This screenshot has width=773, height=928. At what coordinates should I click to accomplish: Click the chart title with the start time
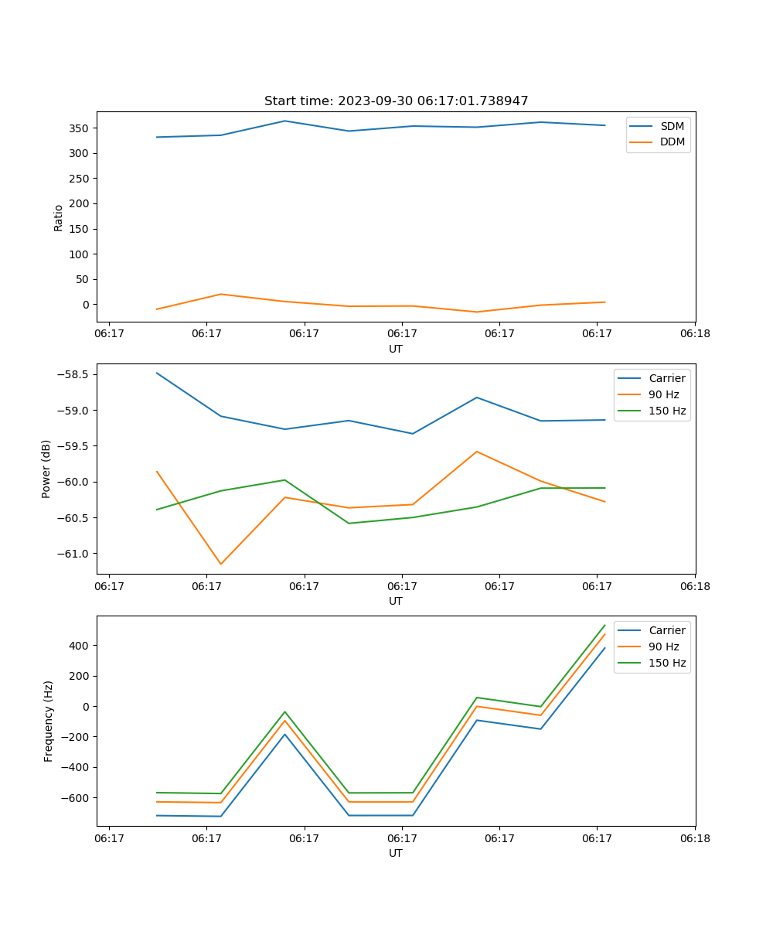tap(396, 101)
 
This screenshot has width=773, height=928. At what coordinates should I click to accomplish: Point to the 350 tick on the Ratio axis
tap(80, 128)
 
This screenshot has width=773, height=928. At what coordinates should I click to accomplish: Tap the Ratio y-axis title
tap(59, 218)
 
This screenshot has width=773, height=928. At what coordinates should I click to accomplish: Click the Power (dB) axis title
tap(46, 469)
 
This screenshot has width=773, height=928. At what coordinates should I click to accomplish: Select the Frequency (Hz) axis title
tap(49, 721)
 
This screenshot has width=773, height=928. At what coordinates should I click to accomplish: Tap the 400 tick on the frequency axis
tap(80, 646)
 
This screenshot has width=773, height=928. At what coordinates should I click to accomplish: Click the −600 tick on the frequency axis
tap(76, 798)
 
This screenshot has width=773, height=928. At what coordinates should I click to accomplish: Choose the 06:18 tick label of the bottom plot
tap(694, 838)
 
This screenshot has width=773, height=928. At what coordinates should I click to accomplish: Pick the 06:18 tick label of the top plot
tap(694, 333)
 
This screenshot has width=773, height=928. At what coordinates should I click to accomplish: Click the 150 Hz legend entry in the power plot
tap(666, 411)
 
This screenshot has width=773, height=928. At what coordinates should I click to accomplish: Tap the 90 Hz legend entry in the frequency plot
tap(663, 647)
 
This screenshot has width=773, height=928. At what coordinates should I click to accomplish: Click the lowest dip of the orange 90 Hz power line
tap(221, 564)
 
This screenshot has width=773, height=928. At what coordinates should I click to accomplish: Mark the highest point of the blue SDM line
tap(284, 121)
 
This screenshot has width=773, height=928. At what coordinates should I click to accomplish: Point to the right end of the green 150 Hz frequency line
tap(604, 625)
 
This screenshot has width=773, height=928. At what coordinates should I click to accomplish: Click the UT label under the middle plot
tap(396, 601)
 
